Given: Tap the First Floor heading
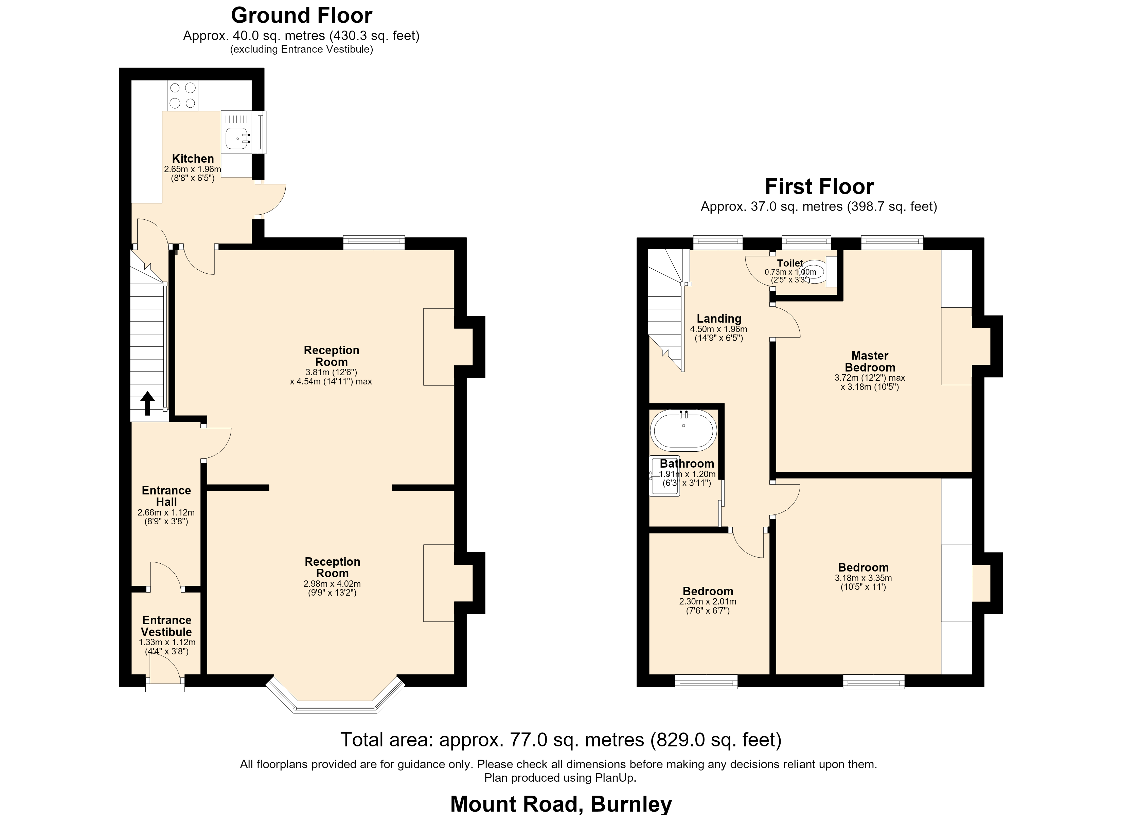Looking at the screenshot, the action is click(819, 187).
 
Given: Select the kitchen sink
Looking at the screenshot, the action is click(238, 138).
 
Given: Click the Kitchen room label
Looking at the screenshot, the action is click(193, 159).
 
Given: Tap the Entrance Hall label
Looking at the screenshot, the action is click(166, 496).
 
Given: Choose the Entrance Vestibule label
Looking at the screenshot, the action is click(166, 626).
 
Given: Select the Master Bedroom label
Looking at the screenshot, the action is click(870, 362).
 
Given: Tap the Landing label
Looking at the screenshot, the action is click(719, 319).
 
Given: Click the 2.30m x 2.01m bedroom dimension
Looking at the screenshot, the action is click(708, 601).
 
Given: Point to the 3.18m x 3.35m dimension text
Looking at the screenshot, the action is click(864, 578).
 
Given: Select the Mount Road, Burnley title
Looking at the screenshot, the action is click(561, 804).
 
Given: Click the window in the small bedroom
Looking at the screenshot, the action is click(706, 682).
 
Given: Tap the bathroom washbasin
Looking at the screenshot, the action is click(665, 475).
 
